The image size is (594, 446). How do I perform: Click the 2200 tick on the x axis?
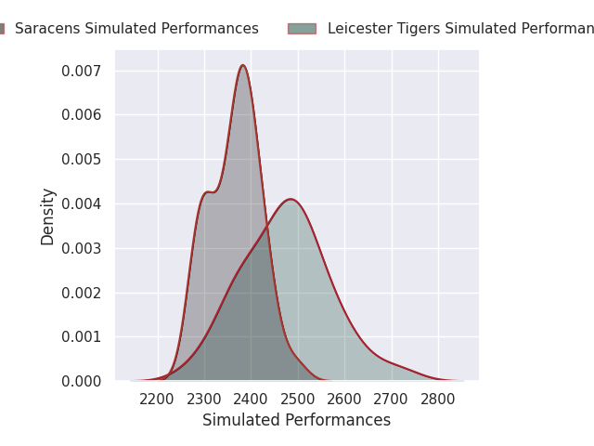(x=157, y=400)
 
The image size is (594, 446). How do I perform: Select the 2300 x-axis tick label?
(x=204, y=400)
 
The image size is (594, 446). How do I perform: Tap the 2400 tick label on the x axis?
(x=251, y=400)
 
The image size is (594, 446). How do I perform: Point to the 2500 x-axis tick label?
(x=298, y=400)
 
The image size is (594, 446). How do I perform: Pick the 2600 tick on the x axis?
(x=344, y=400)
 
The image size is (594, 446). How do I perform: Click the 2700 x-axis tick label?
(x=392, y=400)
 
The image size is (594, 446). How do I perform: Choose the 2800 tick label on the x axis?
(x=438, y=400)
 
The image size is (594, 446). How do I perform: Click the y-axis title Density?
(x=48, y=216)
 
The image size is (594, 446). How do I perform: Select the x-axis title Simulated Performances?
(x=297, y=420)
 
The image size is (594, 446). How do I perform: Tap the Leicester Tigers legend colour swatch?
(x=302, y=29)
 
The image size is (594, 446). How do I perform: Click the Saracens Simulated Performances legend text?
(x=136, y=29)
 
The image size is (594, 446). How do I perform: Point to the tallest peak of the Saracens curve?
(x=243, y=65)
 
